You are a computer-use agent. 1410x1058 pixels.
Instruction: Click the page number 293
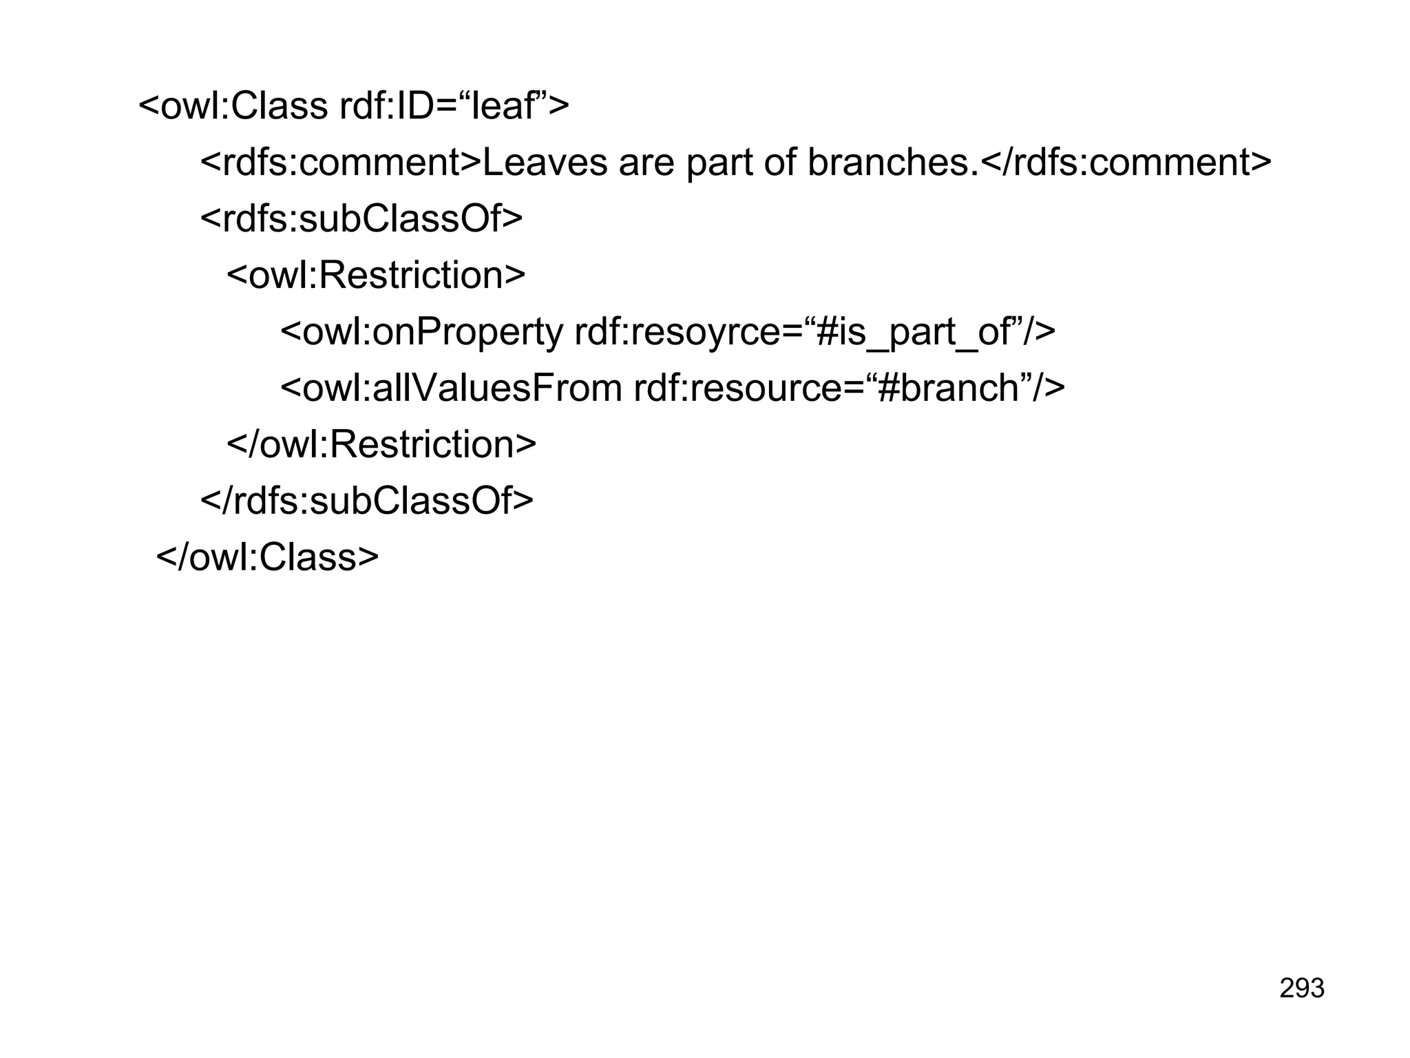click(1301, 988)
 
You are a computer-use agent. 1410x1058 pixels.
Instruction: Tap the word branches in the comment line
click(887, 163)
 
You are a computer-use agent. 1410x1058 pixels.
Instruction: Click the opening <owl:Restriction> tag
click(376, 276)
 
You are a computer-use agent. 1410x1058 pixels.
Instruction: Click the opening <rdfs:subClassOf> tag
click(361, 220)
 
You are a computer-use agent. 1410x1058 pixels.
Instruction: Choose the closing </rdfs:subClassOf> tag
click(366, 501)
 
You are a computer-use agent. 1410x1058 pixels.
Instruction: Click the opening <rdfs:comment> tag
click(341, 163)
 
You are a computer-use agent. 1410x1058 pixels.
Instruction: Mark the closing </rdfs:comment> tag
click(1125, 163)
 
